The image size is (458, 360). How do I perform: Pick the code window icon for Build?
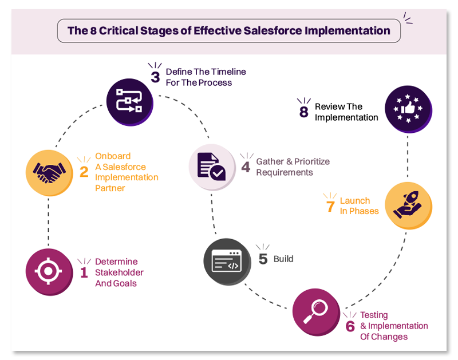227,262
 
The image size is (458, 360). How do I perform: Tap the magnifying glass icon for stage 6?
315,311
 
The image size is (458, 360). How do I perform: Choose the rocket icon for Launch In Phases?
408,205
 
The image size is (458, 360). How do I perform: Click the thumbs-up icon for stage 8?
408,109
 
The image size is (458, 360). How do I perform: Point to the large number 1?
84,272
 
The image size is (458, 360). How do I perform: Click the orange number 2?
84,171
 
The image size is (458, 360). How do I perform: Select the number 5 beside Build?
263,259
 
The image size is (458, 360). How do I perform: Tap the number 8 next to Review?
304,112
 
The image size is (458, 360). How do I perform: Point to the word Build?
283,259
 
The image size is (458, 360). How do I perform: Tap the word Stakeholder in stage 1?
119,272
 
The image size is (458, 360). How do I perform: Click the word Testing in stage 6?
374,315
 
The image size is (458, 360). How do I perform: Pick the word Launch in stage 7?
355,200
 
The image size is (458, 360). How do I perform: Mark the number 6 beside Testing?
350,327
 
